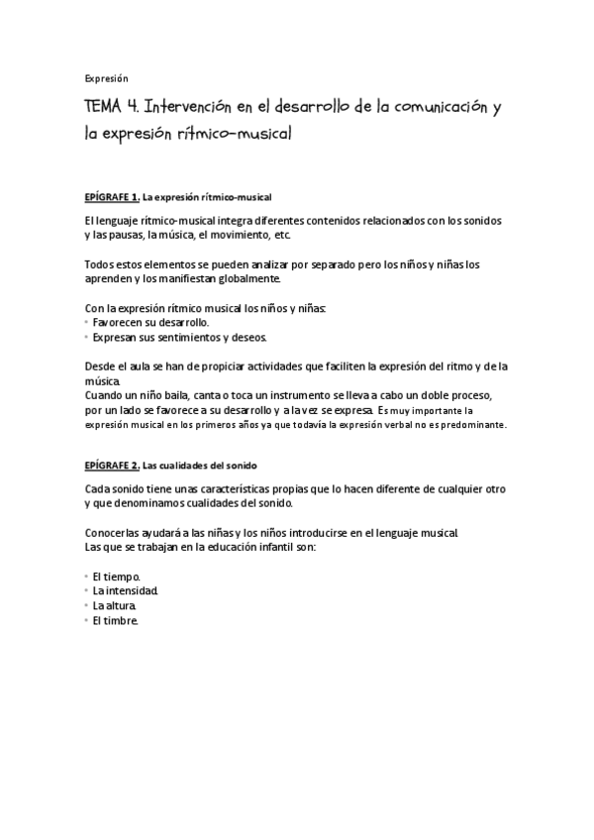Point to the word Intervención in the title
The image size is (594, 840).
pos(205,107)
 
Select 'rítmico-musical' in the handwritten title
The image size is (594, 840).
pos(234,133)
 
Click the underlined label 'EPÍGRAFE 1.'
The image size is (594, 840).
pos(112,197)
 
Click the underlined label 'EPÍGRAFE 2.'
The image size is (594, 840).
pos(112,465)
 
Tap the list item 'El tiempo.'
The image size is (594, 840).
pos(117,576)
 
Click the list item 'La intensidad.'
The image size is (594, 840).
pos(125,590)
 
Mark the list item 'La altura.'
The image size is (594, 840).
pos(115,605)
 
